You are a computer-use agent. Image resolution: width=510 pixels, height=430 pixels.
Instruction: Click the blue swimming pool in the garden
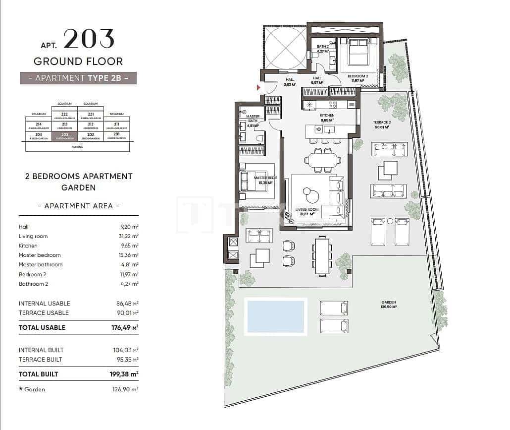tap(276, 315)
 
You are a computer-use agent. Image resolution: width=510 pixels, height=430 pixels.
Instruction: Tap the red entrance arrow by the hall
tap(258, 88)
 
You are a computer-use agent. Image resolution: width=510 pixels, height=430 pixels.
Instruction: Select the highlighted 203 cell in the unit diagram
tap(64, 136)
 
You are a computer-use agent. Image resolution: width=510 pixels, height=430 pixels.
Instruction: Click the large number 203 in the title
tap(89, 39)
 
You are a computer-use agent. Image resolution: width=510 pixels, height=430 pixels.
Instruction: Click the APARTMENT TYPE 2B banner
tap(78, 78)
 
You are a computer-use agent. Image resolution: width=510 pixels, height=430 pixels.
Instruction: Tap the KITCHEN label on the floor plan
tap(327, 116)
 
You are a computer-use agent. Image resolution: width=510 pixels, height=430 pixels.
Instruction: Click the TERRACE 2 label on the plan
tap(382, 123)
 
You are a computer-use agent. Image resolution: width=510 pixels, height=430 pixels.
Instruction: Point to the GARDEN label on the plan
tap(389, 302)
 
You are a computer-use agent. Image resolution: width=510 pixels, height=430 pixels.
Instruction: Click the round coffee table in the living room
tap(312, 194)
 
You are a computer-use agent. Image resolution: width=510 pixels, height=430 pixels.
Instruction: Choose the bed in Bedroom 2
tap(358, 53)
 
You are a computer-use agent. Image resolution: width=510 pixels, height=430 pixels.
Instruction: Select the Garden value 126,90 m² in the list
tap(125, 389)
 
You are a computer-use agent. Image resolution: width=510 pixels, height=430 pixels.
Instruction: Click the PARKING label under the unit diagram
tap(78, 147)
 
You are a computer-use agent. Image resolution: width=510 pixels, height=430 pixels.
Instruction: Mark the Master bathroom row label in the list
tap(41, 264)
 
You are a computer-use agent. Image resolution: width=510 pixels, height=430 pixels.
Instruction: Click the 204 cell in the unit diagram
tap(39, 136)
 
